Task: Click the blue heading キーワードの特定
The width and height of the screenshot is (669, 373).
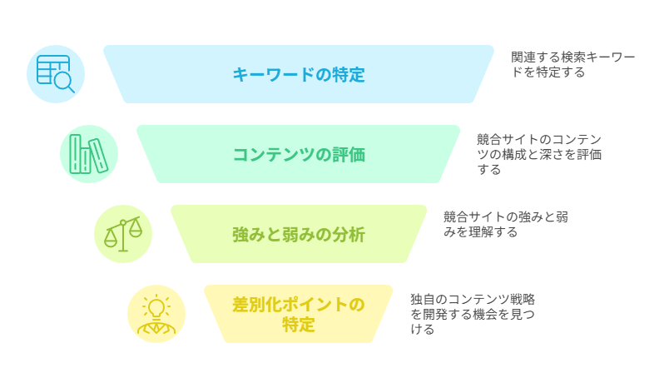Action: click(299, 75)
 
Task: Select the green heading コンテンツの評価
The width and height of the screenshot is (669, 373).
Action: click(299, 155)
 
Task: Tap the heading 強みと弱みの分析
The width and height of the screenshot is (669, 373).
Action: click(299, 235)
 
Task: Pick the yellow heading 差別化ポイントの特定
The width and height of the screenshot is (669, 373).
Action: click(299, 315)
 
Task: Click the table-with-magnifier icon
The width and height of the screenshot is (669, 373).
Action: click(56, 74)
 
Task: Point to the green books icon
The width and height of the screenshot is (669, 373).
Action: click(89, 154)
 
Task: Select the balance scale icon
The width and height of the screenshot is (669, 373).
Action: click(123, 234)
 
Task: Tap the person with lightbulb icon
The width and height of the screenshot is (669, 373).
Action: click(156, 314)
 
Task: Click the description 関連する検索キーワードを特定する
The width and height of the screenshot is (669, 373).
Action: click(573, 64)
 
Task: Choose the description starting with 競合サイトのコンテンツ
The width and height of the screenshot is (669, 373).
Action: click(539, 155)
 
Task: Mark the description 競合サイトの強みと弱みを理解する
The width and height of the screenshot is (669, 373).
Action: click(506, 225)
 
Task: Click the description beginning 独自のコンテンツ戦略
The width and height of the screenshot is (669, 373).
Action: click(473, 314)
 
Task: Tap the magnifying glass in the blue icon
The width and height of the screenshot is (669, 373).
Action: click(65, 82)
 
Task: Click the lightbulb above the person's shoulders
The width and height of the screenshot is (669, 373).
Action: click(156, 308)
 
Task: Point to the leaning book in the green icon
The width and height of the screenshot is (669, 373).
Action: click(98, 156)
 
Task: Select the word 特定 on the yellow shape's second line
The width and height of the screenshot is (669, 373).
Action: click(299, 325)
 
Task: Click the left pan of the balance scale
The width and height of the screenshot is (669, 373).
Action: click(111, 240)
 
